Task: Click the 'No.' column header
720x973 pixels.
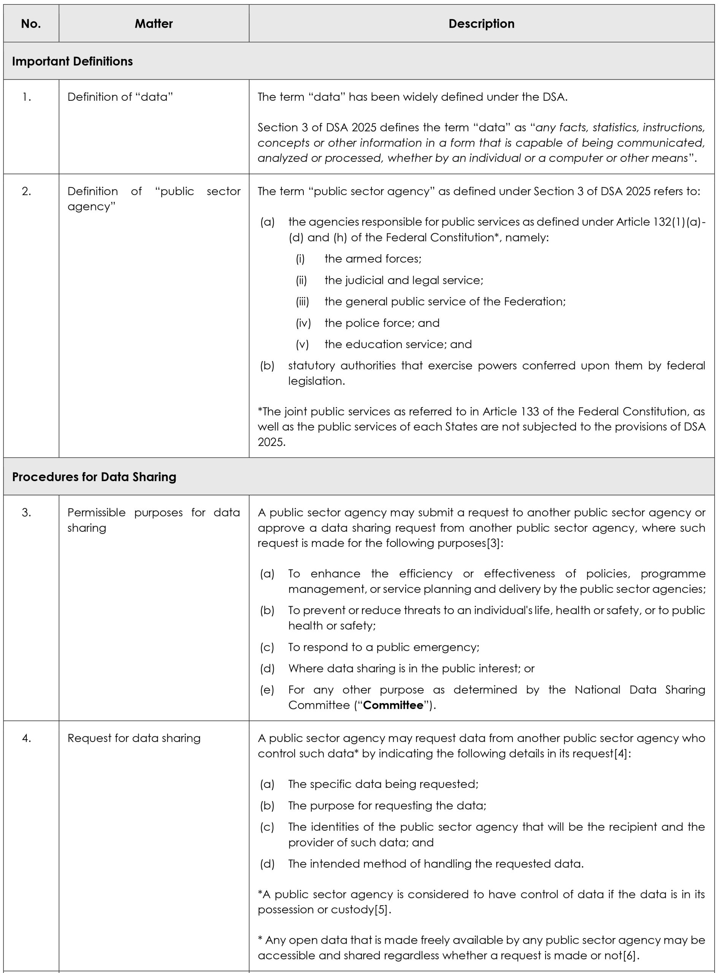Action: tap(31, 24)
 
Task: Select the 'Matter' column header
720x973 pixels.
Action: tap(154, 24)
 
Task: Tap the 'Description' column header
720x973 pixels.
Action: tap(481, 24)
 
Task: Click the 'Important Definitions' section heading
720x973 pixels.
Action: tap(72, 62)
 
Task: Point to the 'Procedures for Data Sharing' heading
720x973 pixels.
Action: tap(94, 477)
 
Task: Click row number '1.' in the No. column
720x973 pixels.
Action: tap(27, 97)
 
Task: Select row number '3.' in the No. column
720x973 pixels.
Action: tap(27, 512)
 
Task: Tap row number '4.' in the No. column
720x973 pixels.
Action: tap(27, 738)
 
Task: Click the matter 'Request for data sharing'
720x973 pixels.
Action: tap(134, 738)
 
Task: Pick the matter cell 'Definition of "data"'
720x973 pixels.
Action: tap(120, 97)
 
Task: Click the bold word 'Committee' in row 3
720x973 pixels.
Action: tap(393, 705)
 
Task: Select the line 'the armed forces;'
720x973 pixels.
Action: tap(373, 259)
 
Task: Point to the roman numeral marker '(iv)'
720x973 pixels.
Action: tap(303, 323)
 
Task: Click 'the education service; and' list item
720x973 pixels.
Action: tap(398, 344)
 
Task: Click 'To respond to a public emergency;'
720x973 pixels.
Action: tap(384, 647)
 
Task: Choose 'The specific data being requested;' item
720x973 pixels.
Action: tap(383, 784)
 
